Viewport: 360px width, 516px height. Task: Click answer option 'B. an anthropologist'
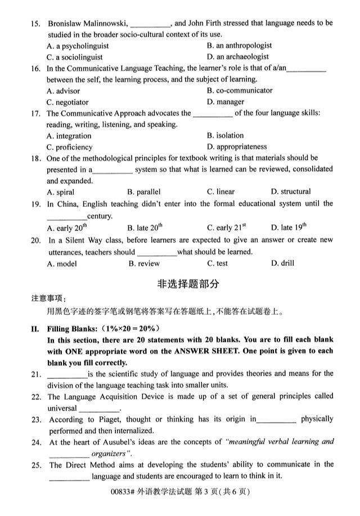(239, 46)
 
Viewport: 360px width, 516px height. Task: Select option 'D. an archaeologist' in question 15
(237, 57)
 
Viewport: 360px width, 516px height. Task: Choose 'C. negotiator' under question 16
(67, 102)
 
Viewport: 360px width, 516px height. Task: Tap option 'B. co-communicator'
(240, 90)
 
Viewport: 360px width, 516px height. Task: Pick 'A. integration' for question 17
(69, 136)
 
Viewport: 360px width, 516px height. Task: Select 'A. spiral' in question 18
(61, 192)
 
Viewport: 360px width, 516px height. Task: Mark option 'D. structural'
(290, 192)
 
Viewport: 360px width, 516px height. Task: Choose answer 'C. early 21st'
(227, 228)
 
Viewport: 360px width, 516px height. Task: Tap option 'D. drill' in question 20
(282, 263)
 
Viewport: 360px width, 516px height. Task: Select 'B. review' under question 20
(144, 264)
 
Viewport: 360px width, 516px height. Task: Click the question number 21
(37, 374)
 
